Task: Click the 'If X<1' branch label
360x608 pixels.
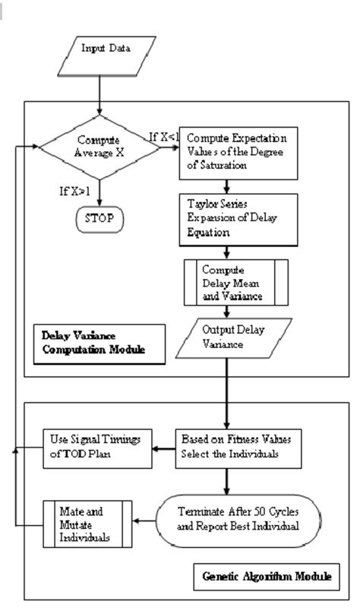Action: [x=166, y=136]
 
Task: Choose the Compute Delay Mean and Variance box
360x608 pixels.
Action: [x=235, y=282]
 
